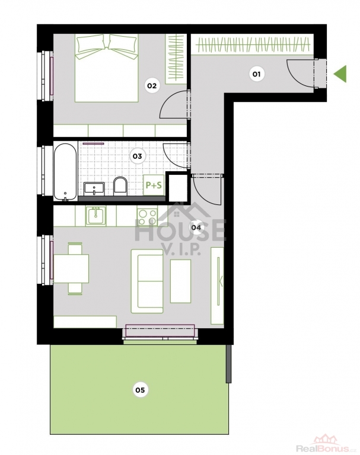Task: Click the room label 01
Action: [257, 74]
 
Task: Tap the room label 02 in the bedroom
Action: [152, 85]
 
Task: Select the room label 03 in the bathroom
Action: [137, 156]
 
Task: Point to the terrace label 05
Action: [140, 390]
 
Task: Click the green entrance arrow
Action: [340, 73]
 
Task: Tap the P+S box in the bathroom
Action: [154, 185]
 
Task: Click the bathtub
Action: [65, 172]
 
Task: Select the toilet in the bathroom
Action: [120, 186]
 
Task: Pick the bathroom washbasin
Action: [94, 189]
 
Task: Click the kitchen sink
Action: [95, 216]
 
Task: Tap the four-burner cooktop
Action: [147, 217]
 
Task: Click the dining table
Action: [71, 268]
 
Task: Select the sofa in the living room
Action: [147, 281]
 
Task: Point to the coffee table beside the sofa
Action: [180, 281]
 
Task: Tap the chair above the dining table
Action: [75, 249]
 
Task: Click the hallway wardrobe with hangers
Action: [252, 44]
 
